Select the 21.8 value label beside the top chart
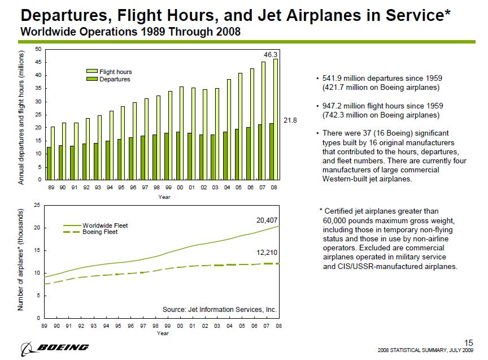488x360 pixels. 289,120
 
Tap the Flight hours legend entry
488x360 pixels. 115,72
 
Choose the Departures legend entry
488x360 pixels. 115,79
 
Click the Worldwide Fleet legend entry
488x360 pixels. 104,225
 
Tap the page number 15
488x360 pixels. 468,342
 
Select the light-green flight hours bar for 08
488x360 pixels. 276,119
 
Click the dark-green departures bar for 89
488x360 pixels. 49,163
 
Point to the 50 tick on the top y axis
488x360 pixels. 37,49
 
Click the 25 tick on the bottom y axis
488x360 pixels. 37,205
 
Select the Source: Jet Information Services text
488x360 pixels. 220,309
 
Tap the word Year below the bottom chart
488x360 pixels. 163,333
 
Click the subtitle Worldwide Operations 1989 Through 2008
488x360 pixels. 130,32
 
